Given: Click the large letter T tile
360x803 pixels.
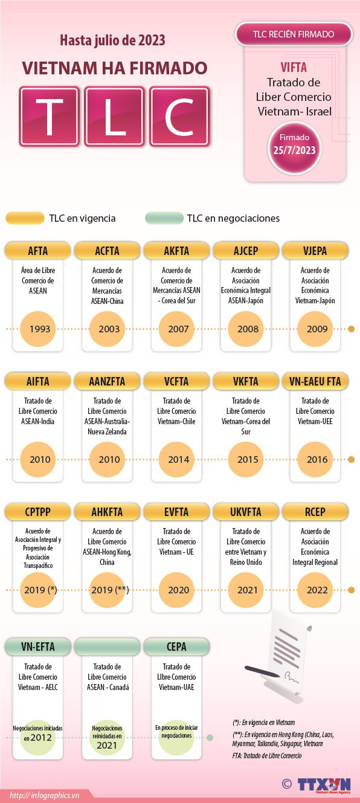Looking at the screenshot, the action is (49, 117).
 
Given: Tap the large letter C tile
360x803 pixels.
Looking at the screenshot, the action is (179, 117).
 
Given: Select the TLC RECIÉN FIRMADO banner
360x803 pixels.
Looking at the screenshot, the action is (294, 34).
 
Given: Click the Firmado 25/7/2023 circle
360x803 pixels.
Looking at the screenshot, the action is (294, 147).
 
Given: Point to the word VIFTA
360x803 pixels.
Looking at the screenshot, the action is (294, 68).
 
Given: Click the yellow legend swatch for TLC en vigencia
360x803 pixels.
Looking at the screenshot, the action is (25, 218).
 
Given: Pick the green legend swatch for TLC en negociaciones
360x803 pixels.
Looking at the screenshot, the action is (164, 218).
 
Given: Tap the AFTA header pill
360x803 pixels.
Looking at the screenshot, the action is (37, 251).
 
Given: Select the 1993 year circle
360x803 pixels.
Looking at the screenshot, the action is (37, 329).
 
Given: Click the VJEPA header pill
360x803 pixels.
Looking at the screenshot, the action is (315, 251).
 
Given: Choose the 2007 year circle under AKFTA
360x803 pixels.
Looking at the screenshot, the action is (176, 329).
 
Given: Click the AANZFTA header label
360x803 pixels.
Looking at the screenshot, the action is (107, 381).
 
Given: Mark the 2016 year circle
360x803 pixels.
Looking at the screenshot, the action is (315, 459).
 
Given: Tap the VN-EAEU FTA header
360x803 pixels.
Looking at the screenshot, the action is (315, 381).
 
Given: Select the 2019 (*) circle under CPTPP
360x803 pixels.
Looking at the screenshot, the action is (37, 590).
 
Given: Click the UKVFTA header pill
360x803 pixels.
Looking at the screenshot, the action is (246, 512).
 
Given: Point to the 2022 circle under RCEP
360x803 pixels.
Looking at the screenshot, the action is (315, 590).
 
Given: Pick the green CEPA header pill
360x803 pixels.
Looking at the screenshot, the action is (176, 647).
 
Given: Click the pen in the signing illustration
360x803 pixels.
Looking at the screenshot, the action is (262, 671).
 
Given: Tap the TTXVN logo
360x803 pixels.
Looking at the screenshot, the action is (324, 784).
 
